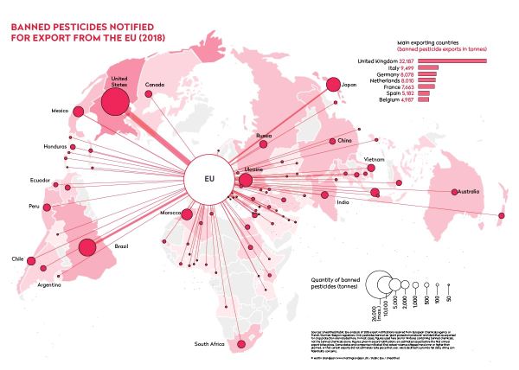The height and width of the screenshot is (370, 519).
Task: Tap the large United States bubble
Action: [116, 103]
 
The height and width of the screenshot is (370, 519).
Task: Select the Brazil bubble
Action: [86, 249]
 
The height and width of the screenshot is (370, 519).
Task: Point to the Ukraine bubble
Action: [246, 180]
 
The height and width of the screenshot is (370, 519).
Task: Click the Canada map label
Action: [155, 85]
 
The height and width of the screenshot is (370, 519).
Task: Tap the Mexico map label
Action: [60, 111]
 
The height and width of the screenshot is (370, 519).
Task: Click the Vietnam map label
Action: [375, 160]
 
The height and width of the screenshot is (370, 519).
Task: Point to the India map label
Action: [343, 202]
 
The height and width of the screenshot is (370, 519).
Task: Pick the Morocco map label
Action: [172, 213]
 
